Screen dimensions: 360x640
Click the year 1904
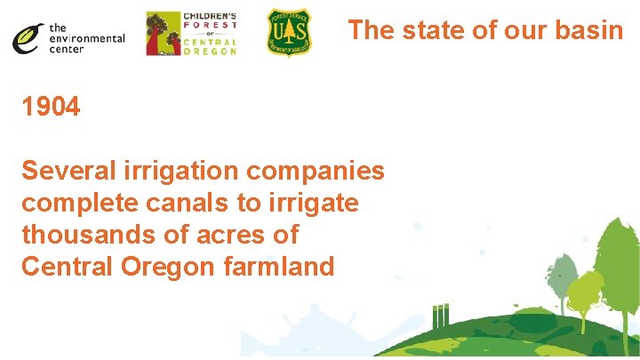(52, 108)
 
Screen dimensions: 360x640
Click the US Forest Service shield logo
(289, 33)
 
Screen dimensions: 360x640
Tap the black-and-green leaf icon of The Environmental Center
(28, 36)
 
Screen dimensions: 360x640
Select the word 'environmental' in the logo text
(86, 38)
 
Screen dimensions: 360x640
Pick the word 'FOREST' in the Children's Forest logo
(210, 26)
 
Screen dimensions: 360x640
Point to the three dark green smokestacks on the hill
(440, 316)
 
